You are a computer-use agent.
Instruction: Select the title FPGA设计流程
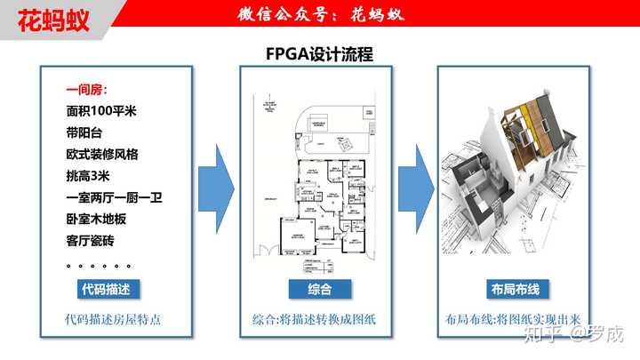(x=320, y=54)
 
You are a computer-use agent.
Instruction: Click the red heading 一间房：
(x=87, y=91)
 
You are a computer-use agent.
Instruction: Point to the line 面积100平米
(x=102, y=112)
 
